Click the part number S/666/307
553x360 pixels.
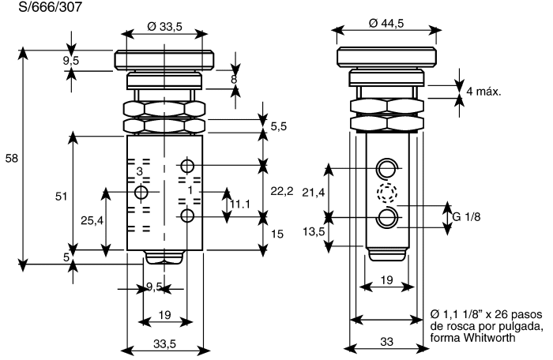50,6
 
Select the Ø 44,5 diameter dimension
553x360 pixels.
386,23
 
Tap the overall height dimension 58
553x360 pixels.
11,159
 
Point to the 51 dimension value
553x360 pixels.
61,196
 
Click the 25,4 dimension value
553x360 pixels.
92,221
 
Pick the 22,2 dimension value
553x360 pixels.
282,191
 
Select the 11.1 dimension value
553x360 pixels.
240,204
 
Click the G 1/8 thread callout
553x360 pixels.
466,216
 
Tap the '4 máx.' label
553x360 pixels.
483,92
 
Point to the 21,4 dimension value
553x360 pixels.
313,193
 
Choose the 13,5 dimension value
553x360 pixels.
313,231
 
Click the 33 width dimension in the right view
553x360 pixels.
386,342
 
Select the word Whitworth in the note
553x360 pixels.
489,337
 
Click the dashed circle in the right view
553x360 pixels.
387,193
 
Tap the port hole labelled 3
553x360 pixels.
141,192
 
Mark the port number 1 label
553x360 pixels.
190,190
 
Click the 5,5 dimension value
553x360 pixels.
279,126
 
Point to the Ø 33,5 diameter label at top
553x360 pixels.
164,26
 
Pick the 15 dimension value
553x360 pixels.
277,234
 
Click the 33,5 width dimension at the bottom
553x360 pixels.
164,343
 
